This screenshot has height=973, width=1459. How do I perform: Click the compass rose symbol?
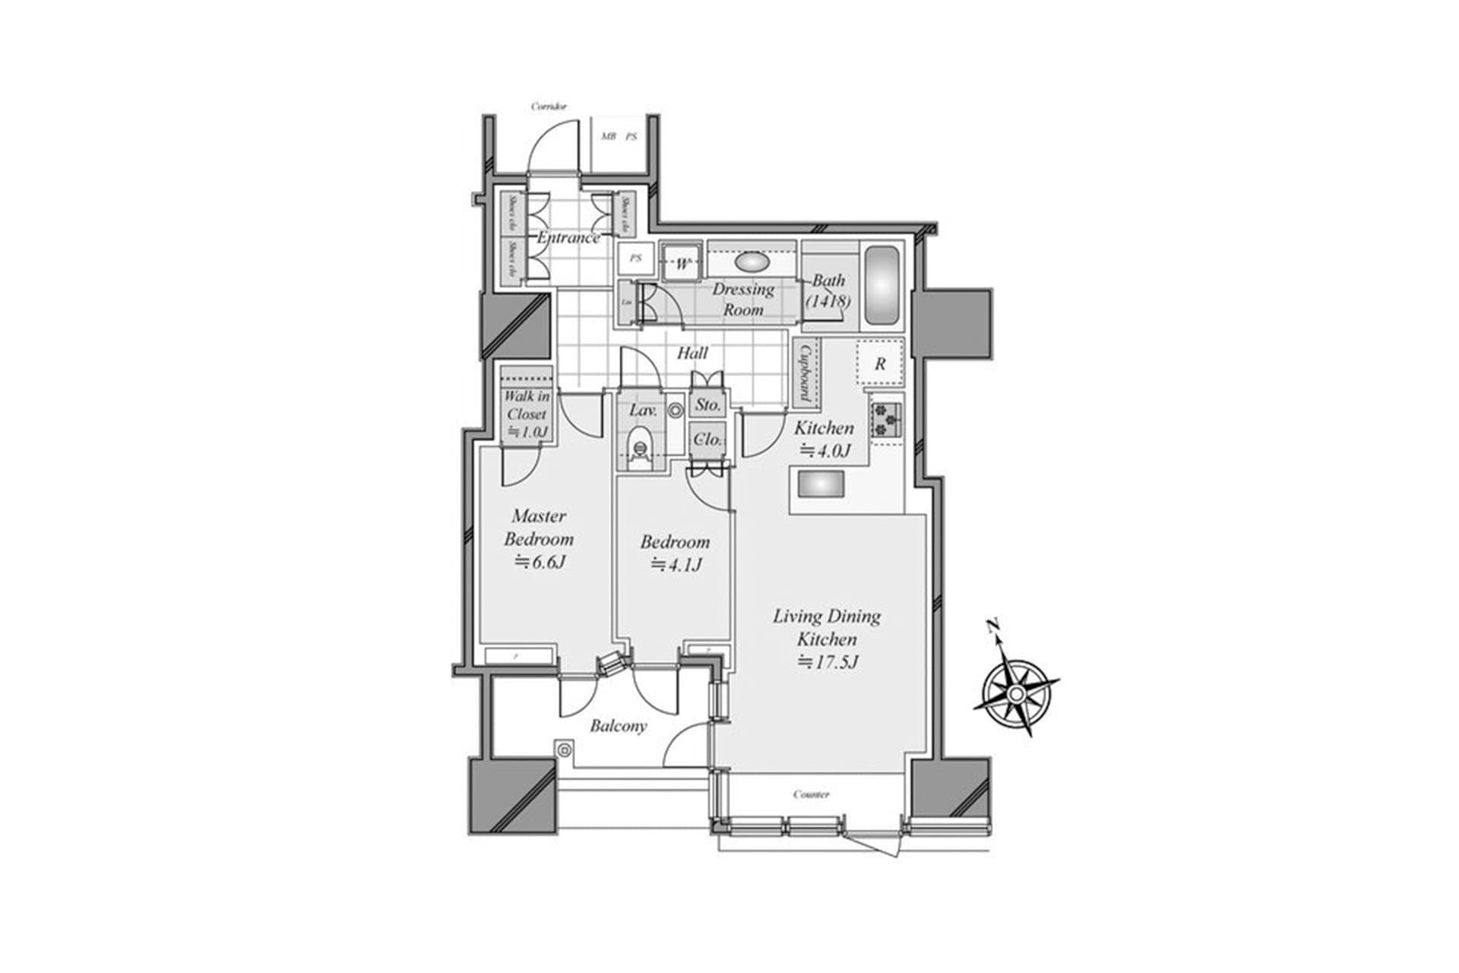(x=1016, y=693)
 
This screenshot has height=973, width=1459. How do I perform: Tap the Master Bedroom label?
(x=539, y=528)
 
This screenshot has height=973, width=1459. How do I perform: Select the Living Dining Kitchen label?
(x=827, y=627)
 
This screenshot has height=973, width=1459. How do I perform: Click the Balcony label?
(x=619, y=726)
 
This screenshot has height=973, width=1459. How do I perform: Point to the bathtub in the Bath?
(x=881, y=287)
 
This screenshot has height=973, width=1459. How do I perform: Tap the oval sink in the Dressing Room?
(x=752, y=262)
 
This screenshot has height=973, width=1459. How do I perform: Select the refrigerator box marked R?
(x=880, y=363)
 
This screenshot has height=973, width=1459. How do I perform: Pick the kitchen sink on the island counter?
(x=819, y=483)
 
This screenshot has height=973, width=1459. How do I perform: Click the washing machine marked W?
(x=682, y=265)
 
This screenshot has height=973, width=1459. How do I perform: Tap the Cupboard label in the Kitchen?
(x=805, y=372)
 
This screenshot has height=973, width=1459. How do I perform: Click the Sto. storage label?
(x=708, y=405)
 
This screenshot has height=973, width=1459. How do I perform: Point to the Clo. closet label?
(x=708, y=439)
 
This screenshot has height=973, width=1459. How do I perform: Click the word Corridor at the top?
(x=549, y=107)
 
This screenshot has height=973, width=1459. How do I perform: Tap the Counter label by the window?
(x=811, y=794)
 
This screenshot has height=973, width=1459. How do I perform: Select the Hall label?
(x=692, y=353)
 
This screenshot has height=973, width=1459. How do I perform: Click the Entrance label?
(x=568, y=237)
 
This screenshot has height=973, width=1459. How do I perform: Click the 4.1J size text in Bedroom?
(x=676, y=565)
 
